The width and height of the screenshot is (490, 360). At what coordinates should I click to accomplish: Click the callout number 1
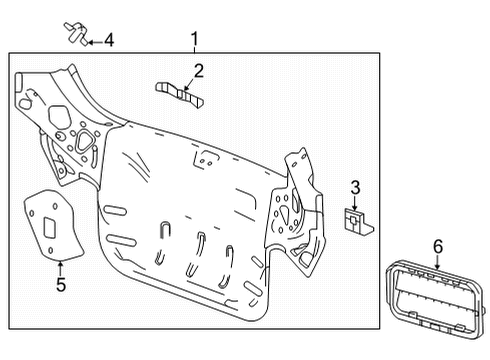pyautogui.click(x=195, y=41)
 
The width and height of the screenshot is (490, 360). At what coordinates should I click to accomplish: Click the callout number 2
pyautogui.click(x=199, y=70)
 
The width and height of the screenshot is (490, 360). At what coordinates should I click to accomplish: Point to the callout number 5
pyautogui.click(x=59, y=285)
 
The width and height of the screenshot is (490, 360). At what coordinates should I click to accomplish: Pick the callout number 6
pyautogui.click(x=437, y=245)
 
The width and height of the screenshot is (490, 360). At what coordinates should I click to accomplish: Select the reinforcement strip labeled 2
pyautogui.click(x=181, y=91)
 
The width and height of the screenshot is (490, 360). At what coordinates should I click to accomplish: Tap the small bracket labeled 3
pyautogui.click(x=357, y=223)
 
